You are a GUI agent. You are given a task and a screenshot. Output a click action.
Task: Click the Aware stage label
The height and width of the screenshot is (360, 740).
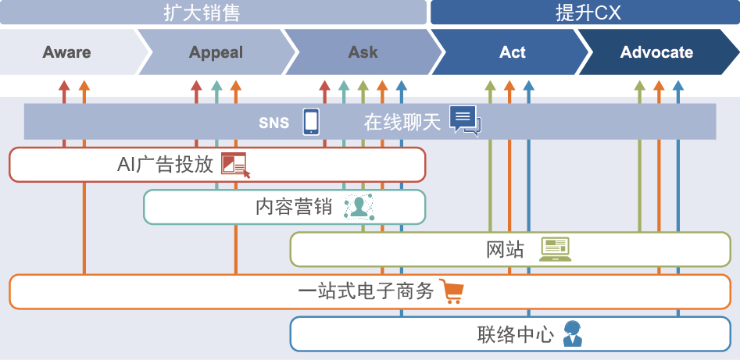(x=66, y=53)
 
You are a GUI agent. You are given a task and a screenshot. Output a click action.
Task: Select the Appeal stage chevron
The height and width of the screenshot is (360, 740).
(x=216, y=53)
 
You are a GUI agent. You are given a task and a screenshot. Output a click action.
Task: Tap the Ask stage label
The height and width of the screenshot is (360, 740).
(x=363, y=53)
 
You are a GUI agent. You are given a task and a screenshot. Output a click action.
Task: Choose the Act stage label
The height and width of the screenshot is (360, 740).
(x=513, y=53)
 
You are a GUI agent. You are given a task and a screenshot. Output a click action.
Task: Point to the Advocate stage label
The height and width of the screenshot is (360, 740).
(x=656, y=53)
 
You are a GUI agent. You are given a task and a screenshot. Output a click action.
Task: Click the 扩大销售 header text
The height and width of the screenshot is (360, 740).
(x=201, y=13)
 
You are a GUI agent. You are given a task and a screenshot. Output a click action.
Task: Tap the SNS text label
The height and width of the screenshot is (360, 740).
(x=274, y=123)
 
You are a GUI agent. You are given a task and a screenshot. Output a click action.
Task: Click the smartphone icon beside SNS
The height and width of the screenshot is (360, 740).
(x=311, y=121)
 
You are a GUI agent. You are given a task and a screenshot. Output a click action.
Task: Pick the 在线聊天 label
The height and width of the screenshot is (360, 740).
(x=402, y=122)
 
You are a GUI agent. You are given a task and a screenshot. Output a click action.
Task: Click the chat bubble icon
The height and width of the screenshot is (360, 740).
(x=465, y=121)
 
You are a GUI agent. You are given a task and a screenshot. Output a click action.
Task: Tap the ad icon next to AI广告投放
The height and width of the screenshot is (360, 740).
(x=235, y=165)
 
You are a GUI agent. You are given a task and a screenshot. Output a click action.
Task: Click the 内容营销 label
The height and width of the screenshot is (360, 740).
(x=294, y=207)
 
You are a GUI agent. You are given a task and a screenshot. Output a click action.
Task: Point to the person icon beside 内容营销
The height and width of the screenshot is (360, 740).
(x=359, y=207)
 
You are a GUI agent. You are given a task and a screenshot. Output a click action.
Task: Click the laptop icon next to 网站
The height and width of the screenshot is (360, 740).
(x=556, y=249)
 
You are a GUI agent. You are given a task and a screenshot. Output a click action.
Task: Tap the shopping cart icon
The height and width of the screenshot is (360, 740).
(x=452, y=291)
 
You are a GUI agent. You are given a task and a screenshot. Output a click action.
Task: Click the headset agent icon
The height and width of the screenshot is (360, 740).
(x=572, y=333)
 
